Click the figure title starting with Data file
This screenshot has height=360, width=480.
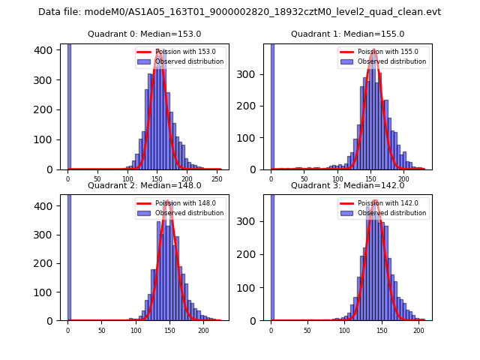pyautogui.click(x=239, y=12)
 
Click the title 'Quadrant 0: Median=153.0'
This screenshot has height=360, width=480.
pyautogui.click(x=144, y=34)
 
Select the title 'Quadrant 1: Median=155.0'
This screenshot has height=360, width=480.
pyautogui.click(x=347, y=34)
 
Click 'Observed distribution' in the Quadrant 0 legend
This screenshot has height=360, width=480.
pyautogui.click(x=189, y=61)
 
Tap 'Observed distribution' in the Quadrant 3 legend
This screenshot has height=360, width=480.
pyautogui.click(x=391, y=213)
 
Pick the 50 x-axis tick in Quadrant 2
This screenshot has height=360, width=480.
pyautogui.click(x=101, y=330)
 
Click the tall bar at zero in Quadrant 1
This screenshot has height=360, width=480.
pyautogui.click(x=271, y=105)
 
